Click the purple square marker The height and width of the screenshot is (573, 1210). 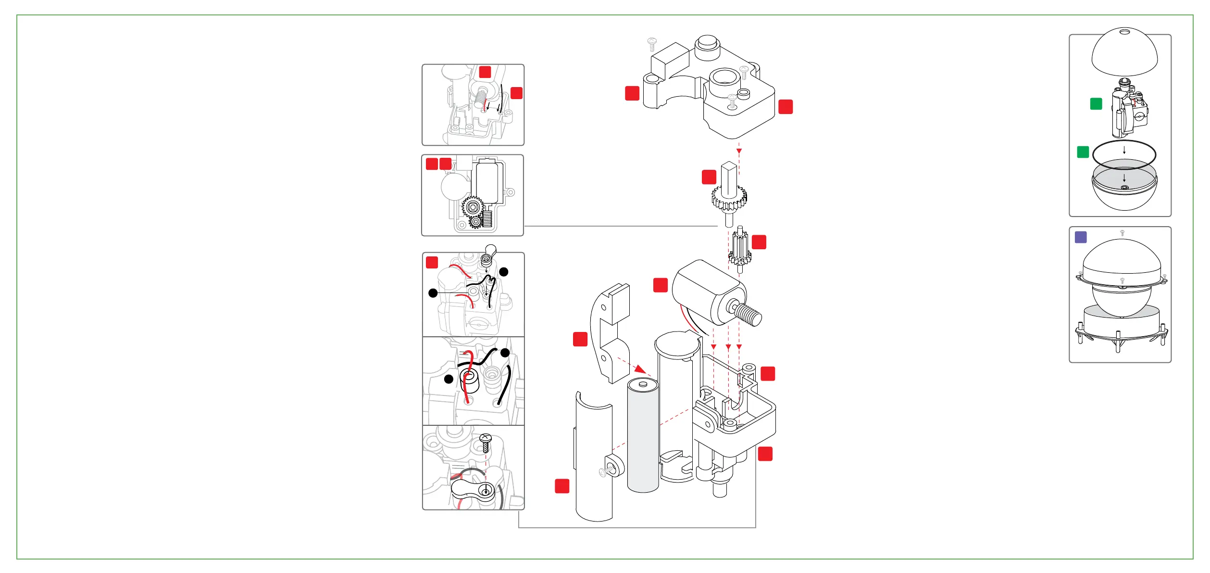[x=1081, y=237]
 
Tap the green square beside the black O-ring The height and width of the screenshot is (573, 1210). [x=1083, y=152]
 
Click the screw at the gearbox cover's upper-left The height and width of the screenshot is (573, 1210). [x=652, y=44]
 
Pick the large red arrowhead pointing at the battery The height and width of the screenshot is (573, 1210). [x=640, y=369]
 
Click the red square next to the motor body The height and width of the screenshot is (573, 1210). [x=661, y=285]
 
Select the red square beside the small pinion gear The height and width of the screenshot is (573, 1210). [x=759, y=242]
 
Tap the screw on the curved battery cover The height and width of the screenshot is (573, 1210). [x=605, y=472]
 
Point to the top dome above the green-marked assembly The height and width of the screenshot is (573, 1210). [x=1124, y=52]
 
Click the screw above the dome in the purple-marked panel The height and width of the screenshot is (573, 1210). [x=1122, y=233]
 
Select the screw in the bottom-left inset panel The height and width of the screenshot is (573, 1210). [x=485, y=442]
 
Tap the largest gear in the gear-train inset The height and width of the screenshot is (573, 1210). [x=473, y=207]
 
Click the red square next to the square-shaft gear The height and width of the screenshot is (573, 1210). [x=709, y=177]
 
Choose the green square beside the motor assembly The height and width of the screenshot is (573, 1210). [x=1096, y=104]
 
